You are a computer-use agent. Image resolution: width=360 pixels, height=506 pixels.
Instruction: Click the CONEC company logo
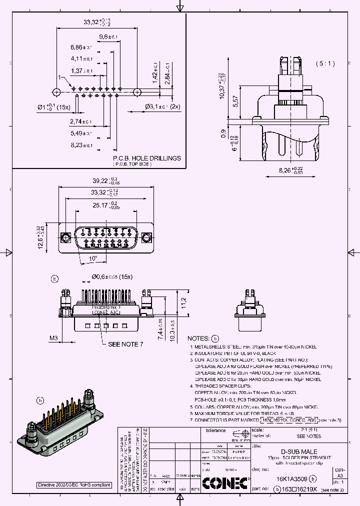click(x=225, y=483)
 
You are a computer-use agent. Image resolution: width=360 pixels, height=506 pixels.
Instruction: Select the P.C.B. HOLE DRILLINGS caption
click(x=147, y=158)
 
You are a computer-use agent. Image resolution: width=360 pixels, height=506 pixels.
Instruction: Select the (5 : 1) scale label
click(x=325, y=63)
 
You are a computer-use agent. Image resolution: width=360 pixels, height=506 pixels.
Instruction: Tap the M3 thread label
click(x=53, y=338)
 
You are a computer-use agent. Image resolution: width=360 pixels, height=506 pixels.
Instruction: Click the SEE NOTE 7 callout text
click(x=125, y=344)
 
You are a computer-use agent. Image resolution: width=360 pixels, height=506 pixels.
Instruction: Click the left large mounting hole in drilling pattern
click(x=56, y=92)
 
